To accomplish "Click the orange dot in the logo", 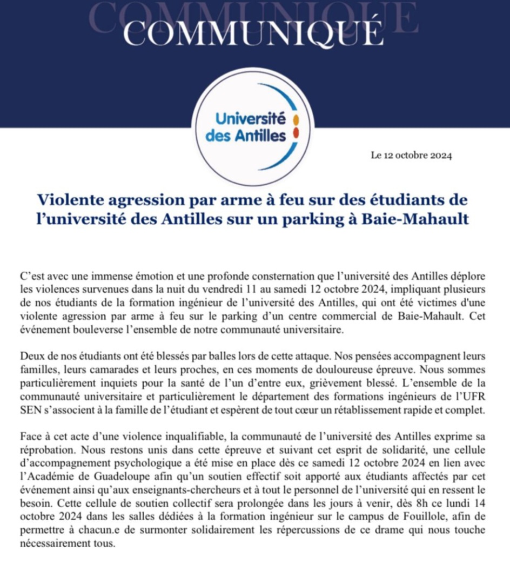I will pos(297,119).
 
